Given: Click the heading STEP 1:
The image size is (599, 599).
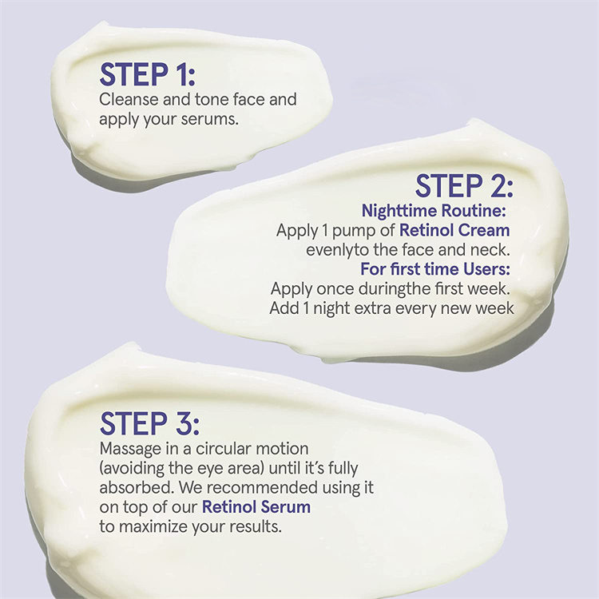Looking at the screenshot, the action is pyautogui.click(x=148, y=74).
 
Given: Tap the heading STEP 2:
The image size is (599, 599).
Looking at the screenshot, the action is pyautogui.click(x=464, y=186).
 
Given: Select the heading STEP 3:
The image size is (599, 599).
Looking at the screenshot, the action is pyautogui.click(x=149, y=423).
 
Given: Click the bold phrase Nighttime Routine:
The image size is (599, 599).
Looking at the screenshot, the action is pyautogui.click(x=434, y=211).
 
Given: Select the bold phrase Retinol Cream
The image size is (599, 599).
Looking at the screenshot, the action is pyautogui.click(x=454, y=230).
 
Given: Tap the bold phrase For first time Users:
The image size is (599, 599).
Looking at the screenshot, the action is pyautogui.click(x=435, y=269).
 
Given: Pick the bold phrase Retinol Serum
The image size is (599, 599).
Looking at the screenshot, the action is pyautogui.click(x=256, y=507).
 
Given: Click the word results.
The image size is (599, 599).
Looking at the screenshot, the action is pyautogui.click(x=256, y=527).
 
